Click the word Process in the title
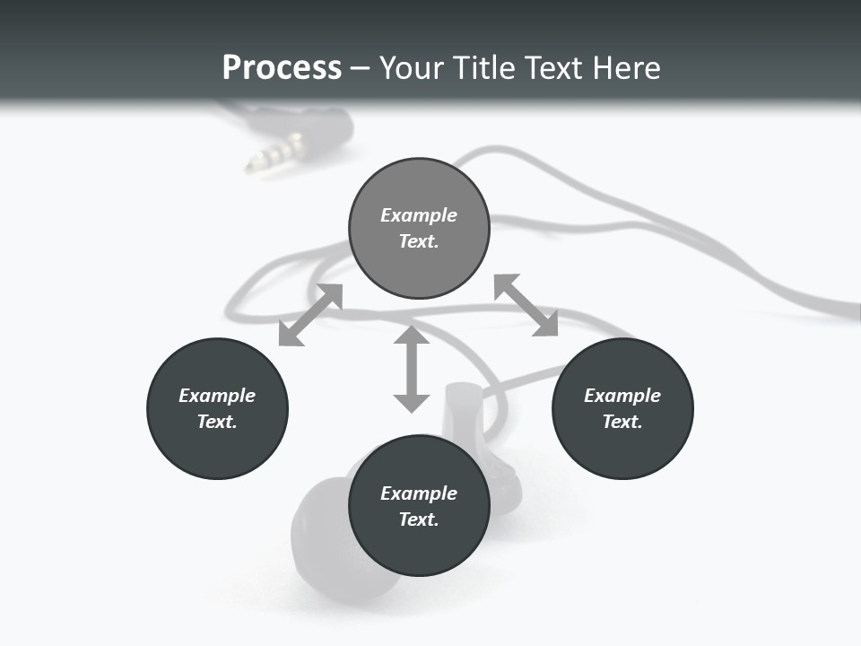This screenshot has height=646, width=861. click(x=282, y=67)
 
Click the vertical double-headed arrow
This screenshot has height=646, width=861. click(x=412, y=369)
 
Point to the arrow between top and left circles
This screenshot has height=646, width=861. click(x=310, y=315)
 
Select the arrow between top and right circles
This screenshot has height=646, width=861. click(x=526, y=306)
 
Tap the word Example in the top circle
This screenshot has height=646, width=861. click(x=419, y=215)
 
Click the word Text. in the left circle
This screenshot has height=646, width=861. click(x=217, y=422)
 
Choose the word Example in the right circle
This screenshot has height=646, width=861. click(x=622, y=396)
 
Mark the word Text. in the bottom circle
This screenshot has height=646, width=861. click(x=419, y=519)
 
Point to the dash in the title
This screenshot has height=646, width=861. click(x=361, y=68)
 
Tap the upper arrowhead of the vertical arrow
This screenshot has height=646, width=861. click(x=412, y=335)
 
